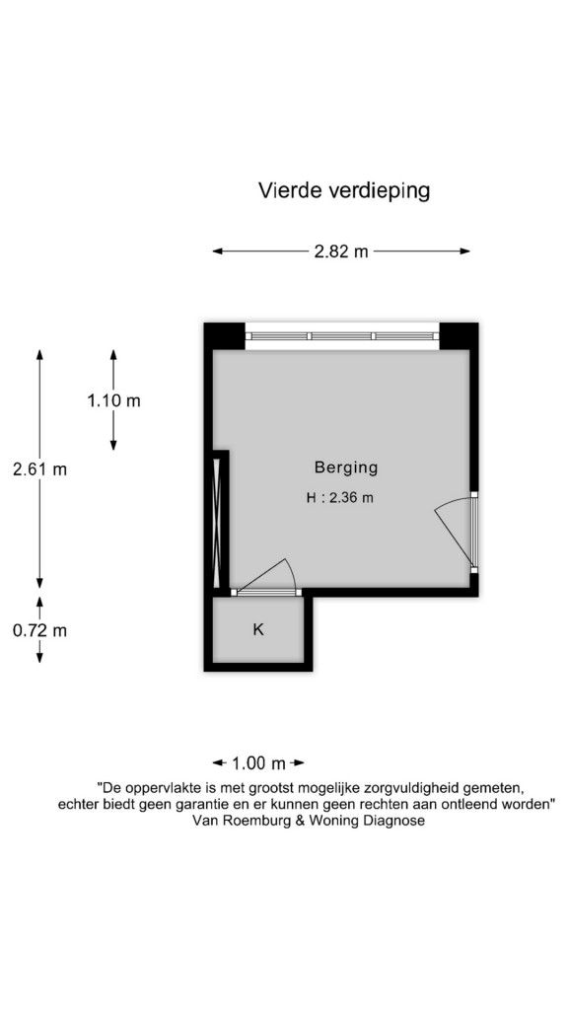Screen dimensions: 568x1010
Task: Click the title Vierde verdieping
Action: point(343,190)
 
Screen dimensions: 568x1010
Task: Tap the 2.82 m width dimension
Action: point(340,252)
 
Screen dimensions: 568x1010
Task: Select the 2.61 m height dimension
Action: point(39,469)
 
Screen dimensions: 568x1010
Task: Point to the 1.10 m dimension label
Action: point(114,400)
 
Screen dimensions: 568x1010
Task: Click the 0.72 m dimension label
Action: point(39,630)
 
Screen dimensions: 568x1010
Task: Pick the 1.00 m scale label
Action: point(258,764)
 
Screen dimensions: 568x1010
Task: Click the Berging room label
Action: point(346,468)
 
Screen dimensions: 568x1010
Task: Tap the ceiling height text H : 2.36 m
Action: point(340,498)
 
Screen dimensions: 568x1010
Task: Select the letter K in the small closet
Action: point(258,630)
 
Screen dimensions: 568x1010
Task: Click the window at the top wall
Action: point(342,336)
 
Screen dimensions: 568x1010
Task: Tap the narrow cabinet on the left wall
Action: point(217,523)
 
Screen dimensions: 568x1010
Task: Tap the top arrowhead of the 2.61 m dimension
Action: point(39,354)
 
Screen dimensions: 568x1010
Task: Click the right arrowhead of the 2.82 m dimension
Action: point(465,252)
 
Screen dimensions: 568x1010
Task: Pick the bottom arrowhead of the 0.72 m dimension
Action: point(39,658)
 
